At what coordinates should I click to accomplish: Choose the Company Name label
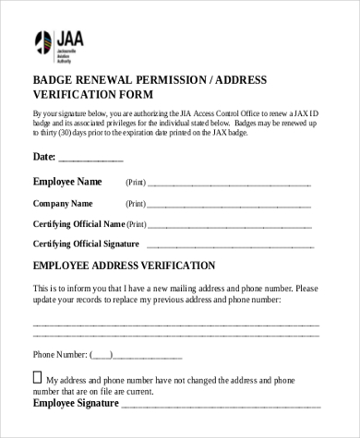(x=63, y=203)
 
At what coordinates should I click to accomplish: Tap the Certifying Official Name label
(x=78, y=223)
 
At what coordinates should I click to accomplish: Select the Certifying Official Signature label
(x=86, y=243)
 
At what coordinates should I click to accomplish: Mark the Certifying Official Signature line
(x=234, y=246)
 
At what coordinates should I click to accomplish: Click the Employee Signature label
(x=76, y=403)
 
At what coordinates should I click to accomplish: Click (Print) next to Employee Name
(x=136, y=183)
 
